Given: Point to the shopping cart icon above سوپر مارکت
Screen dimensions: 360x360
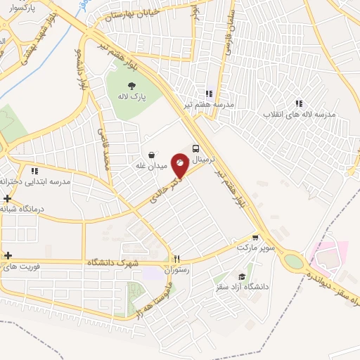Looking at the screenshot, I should [255, 238].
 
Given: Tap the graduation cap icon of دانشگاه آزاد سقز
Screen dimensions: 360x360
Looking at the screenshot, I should [243, 276].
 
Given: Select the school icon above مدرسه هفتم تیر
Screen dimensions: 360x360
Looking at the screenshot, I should [208, 93].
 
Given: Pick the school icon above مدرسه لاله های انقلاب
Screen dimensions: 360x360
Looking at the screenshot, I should [300, 103].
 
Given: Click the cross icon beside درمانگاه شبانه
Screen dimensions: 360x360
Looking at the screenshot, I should [7, 199].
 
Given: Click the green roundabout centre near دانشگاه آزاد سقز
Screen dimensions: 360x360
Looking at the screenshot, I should [293, 262].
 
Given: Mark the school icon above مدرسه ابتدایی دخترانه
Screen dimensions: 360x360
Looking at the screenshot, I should [33, 170].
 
